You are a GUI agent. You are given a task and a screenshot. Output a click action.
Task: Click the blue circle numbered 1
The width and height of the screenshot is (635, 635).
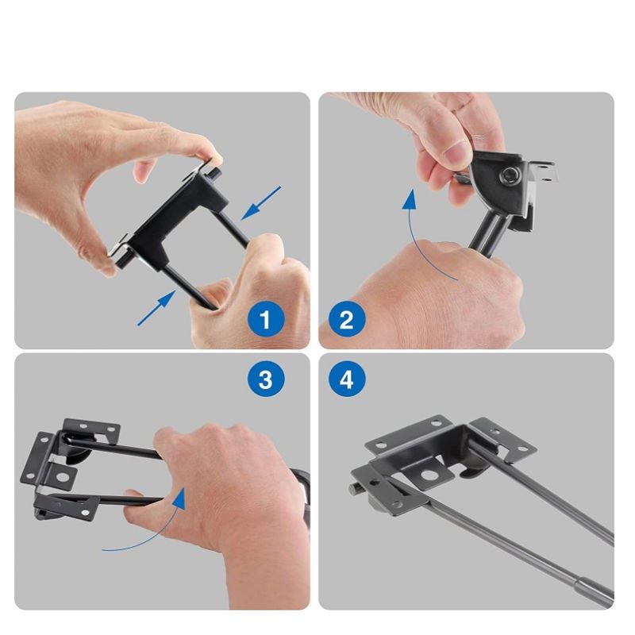point(266,319)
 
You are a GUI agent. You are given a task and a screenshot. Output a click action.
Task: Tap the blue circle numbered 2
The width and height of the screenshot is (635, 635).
point(347,319)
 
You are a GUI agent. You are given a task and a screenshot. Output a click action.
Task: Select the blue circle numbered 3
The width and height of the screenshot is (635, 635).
point(266,379)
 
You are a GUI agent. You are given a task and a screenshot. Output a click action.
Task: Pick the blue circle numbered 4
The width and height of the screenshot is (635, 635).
point(347,379)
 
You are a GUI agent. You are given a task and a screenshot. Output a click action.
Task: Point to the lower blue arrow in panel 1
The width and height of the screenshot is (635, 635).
point(157,308)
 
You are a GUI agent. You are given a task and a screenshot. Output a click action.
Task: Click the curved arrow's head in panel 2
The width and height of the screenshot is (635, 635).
point(410,199)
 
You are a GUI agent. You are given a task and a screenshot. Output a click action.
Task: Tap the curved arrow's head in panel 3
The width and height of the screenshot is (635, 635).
point(178,499)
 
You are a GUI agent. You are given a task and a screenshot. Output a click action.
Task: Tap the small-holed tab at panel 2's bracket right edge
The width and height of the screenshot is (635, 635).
point(545,171)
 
